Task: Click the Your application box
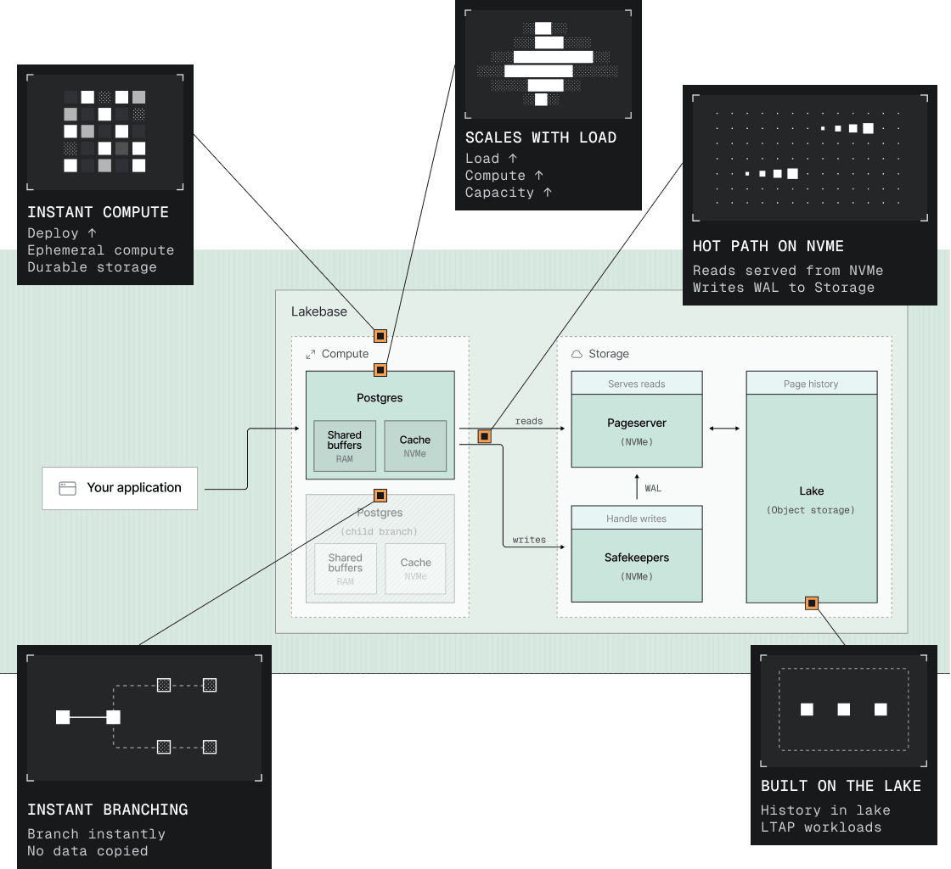(120, 488)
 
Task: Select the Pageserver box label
(637, 423)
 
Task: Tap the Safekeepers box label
(637, 558)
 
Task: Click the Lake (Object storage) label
(811, 500)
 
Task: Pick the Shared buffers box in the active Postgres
(345, 446)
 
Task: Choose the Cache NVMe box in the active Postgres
(415, 446)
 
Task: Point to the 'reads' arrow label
(529, 421)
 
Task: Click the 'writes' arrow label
(529, 540)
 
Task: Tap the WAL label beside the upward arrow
(653, 489)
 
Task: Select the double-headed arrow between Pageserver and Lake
(724, 429)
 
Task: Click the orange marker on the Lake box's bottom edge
(812, 603)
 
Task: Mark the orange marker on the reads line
(485, 436)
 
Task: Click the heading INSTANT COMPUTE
(98, 212)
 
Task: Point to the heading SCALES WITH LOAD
(541, 137)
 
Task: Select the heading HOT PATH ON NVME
(768, 246)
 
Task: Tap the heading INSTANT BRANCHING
(107, 810)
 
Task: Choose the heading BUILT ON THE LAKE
(841, 786)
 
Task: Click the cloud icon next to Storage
(577, 354)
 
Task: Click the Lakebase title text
(319, 311)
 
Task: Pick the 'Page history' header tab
(812, 384)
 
